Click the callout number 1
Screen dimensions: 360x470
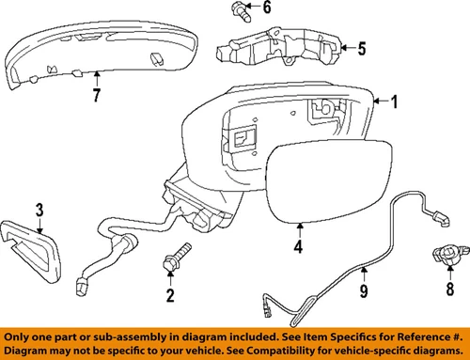pyautogui.click(x=395, y=102)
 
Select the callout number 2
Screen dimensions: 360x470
pyautogui.click(x=170, y=297)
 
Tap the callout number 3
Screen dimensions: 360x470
pyautogui.click(x=40, y=209)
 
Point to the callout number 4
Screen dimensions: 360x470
pyautogui.click(x=298, y=249)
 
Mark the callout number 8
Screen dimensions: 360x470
pyautogui.click(x=449, y=288)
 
